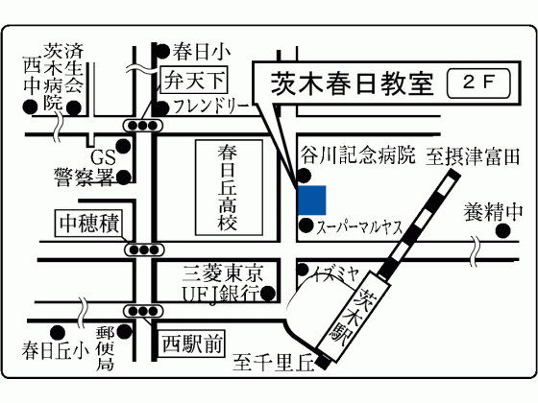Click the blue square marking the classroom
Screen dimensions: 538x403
pos(312,201)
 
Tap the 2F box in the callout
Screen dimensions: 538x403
pos(478,83)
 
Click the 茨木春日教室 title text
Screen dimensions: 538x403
pos(352,83)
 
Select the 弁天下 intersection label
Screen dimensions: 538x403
pos(194,80)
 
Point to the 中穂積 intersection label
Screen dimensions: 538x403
pos(89,224)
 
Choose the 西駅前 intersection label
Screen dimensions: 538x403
pos(192,344)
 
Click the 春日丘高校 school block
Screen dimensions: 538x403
pos(230,187)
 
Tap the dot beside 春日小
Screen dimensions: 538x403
pos(162,52)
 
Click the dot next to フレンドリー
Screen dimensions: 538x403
pos(162,108)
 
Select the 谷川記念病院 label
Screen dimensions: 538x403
pos(357,155)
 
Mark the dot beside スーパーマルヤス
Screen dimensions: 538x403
pos(306,225)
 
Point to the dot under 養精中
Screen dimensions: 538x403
pos(503,231)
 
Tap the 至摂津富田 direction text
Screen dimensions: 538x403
pos(473,157)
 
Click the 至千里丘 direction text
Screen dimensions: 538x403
pos(274,363)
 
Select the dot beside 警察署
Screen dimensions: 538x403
pos(124,178)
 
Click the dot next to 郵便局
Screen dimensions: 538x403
pos(124,331)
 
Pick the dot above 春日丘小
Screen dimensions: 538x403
pos(58,332)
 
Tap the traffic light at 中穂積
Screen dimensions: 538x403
pos(144,249)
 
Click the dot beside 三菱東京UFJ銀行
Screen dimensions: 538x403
pos(268,293)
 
